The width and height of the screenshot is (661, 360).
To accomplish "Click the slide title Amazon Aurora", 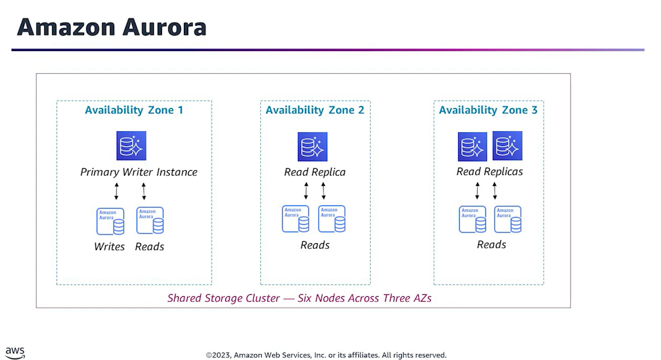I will [111, 27].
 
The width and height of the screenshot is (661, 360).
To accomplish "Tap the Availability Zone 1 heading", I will [134, 110].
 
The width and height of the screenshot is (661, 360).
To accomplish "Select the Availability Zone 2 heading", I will [315, 110].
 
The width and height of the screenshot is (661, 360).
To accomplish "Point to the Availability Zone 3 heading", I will [488, 110].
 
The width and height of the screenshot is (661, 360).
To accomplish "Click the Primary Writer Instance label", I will [139, 172].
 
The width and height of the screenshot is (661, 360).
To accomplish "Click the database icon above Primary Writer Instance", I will [131, 146].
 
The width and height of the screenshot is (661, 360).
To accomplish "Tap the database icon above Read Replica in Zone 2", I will [312, 146].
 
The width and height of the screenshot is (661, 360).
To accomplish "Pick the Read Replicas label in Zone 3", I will [489, 172].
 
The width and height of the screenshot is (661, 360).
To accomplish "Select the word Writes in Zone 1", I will [109, 247].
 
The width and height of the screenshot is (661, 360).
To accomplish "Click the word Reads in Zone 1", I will [149, 247].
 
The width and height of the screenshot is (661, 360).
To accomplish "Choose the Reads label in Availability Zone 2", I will [315, 245].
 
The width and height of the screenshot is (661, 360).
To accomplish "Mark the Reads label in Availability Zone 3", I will [491, 245].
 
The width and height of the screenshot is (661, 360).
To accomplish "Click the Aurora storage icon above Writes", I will [110, 221].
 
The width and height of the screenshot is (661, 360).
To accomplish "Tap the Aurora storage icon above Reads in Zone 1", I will [150, 220].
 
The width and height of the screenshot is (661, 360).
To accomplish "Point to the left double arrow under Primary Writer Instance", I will [116, 191].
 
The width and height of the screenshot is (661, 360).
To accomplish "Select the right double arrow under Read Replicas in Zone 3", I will [495, 191].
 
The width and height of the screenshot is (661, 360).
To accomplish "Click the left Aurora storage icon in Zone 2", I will [296, 219].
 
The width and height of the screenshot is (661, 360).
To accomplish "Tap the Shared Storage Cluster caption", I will [299, 298].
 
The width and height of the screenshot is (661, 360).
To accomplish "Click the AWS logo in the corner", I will [15, 353].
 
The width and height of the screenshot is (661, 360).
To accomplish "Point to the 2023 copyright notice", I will [326, 355].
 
